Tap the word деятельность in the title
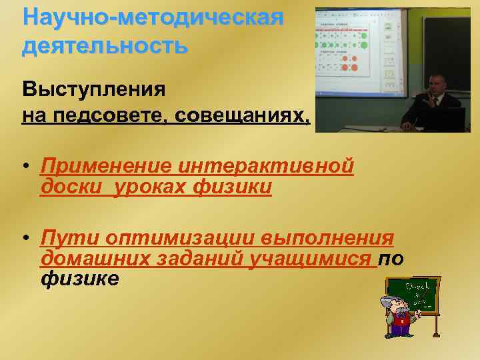pyautogui.click(x=105, y=46)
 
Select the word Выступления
pyautogui.click(x=94, y=88)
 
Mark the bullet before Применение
pyautogui.click(x=25, y=167)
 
